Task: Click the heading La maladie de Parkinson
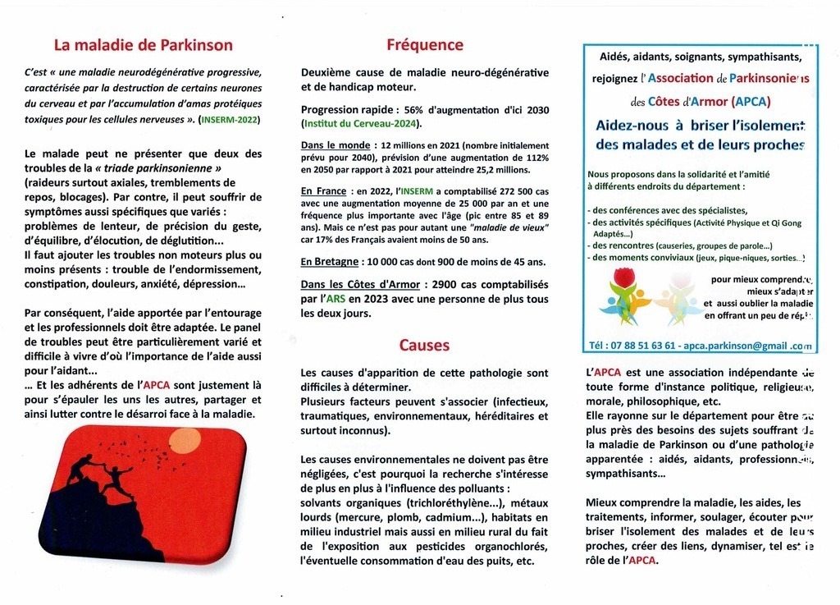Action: [x=143, y=45]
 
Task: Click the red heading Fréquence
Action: [x=425, y=45]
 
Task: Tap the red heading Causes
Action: [x=424, y=345]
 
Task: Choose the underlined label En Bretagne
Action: [x=330, y=262]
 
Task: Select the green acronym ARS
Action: [x=333, y=299]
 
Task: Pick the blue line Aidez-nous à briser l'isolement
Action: [x=700, y=125]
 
